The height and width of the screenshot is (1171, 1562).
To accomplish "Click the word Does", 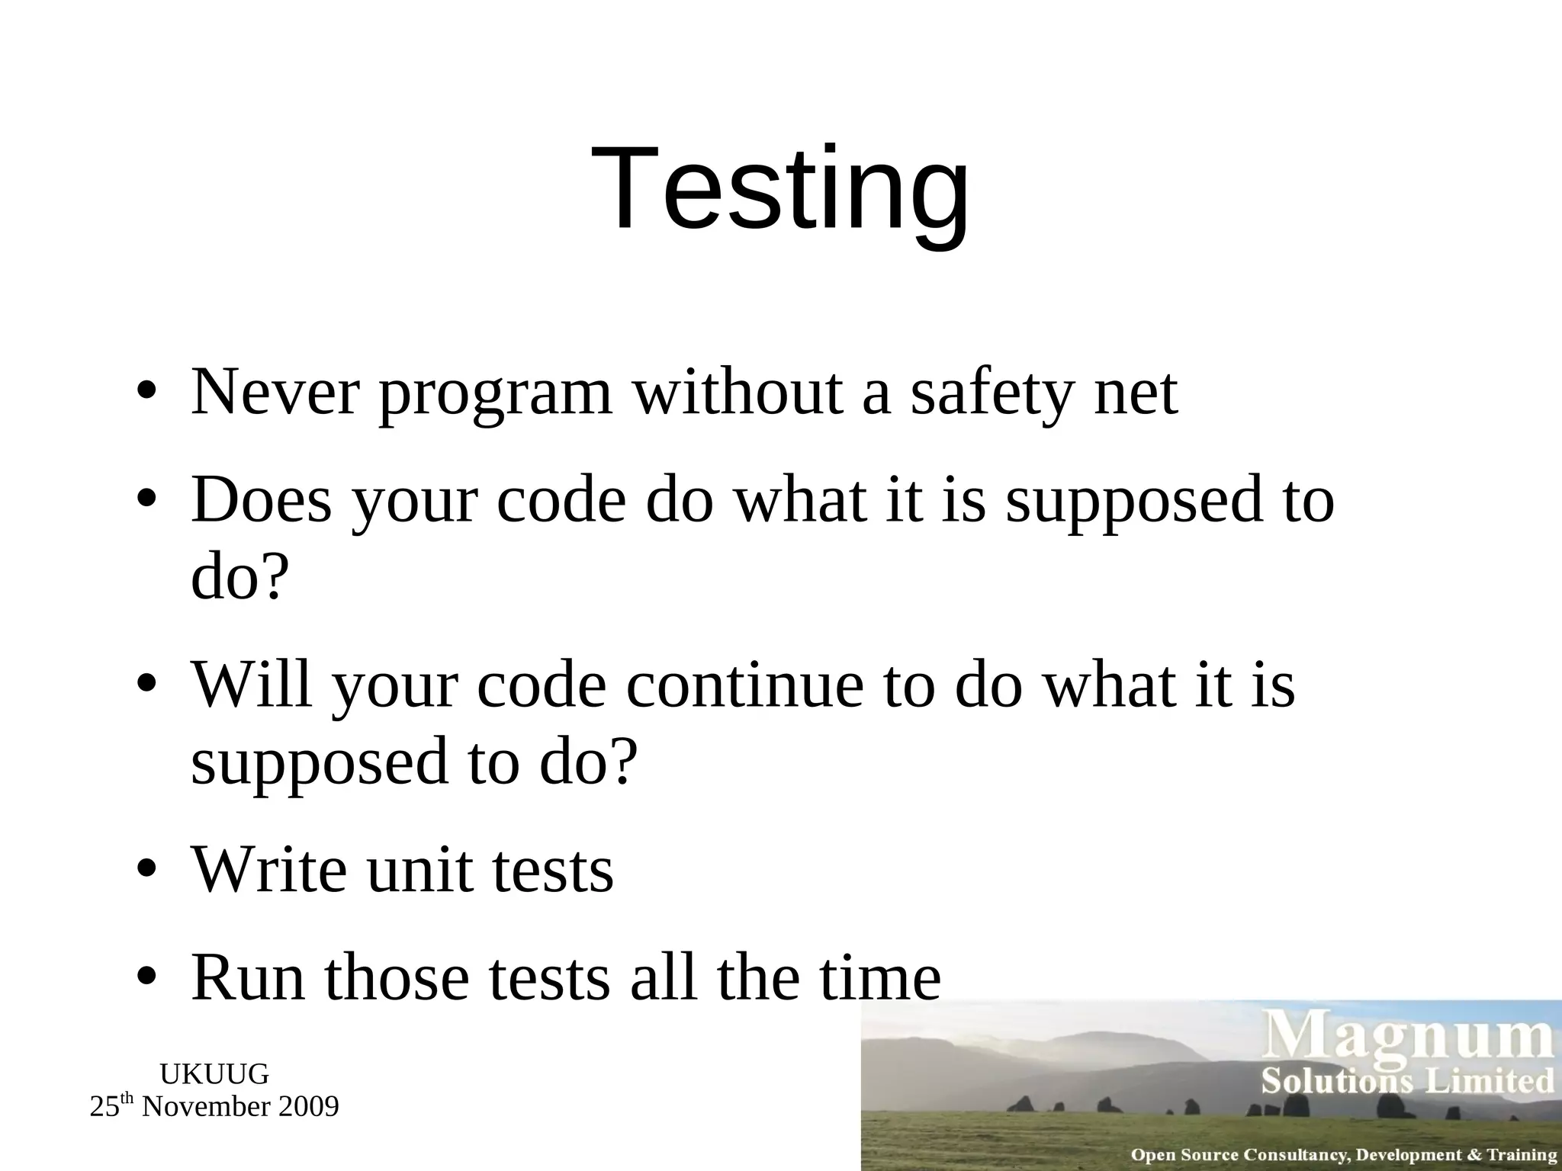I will coord(262,501).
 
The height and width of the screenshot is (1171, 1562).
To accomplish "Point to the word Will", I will coord(252,685).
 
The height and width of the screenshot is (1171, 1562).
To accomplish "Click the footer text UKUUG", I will coord(214,1074).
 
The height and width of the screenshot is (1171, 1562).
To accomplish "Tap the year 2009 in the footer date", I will coord(308,1106).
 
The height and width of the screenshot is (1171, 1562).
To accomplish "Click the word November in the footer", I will coord(205,1106).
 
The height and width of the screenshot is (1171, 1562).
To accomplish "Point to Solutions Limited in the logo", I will coord(1407,1081).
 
